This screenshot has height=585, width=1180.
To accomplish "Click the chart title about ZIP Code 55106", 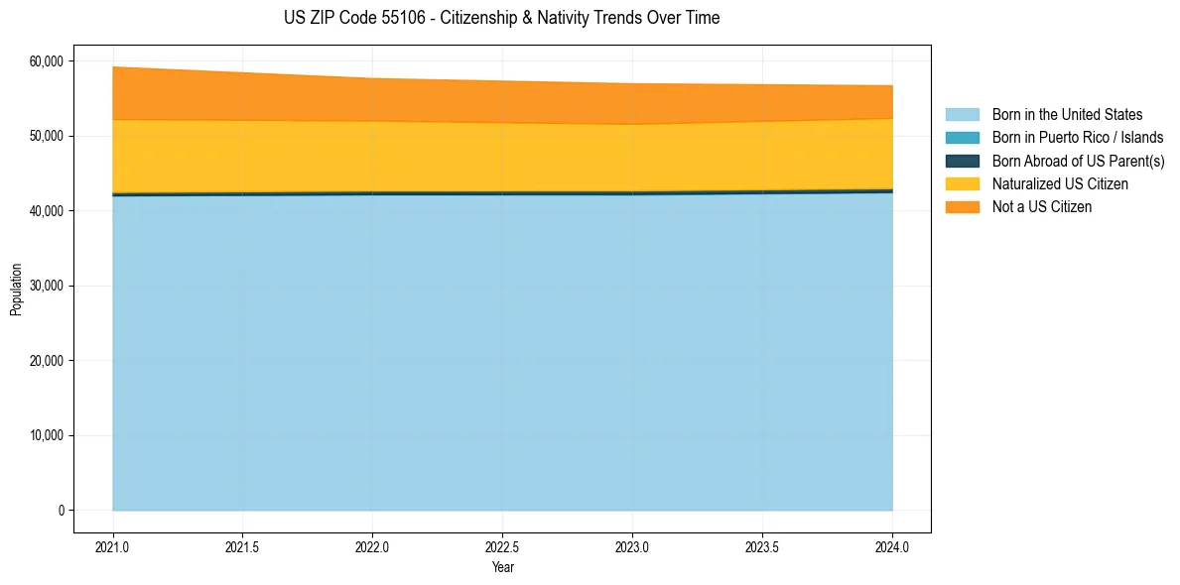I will (501, 18).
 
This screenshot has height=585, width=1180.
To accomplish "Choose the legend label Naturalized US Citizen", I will (1060, 184).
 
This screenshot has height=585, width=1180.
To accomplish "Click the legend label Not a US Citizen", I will (1042, 207).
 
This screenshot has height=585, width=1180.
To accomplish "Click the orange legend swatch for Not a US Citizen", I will (962, 207).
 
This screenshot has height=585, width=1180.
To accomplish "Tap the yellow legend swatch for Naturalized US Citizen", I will (962, 184).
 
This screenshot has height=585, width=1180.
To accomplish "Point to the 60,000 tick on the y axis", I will (46, 61).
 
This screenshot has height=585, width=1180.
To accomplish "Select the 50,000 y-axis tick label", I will (46, 136).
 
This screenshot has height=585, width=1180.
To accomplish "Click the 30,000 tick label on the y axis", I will (46, 286).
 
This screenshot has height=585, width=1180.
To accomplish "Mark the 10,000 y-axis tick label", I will (46, 435).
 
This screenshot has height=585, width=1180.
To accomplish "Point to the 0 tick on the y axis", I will (60, 511).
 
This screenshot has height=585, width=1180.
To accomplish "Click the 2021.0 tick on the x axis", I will (113, 546).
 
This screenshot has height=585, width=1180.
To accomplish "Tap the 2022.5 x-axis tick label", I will (502, 546).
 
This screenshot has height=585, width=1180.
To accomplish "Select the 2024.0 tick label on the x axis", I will (892, 546).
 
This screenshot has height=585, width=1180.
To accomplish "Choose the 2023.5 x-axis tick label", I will (762, 546).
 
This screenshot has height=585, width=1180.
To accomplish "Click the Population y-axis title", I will (16, 290).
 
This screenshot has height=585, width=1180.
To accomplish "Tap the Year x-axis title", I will (502, 567).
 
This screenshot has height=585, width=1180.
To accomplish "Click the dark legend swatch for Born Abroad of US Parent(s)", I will (962, 161).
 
